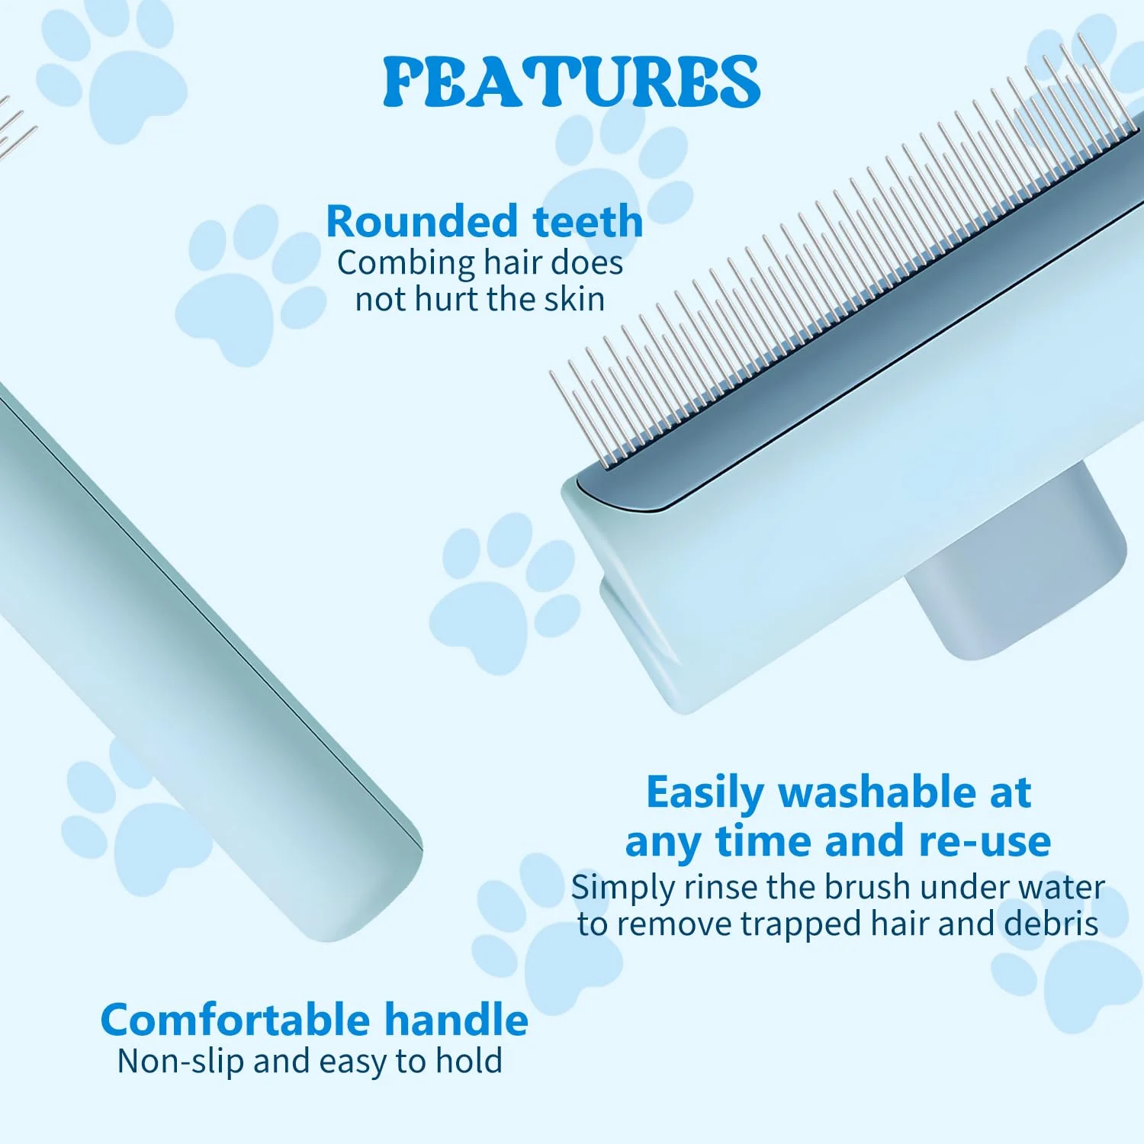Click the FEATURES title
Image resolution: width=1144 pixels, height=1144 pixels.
[571, 81]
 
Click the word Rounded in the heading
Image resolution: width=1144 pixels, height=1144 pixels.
[421, 221]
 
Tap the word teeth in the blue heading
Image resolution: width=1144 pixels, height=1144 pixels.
[588, 221]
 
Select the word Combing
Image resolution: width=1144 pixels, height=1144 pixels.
[407, 264]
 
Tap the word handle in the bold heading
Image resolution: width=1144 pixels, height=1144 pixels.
[456, 1020]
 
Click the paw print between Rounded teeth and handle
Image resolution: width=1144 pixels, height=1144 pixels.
[251, 285]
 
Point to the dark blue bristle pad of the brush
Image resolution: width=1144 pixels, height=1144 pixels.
[854, 320]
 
